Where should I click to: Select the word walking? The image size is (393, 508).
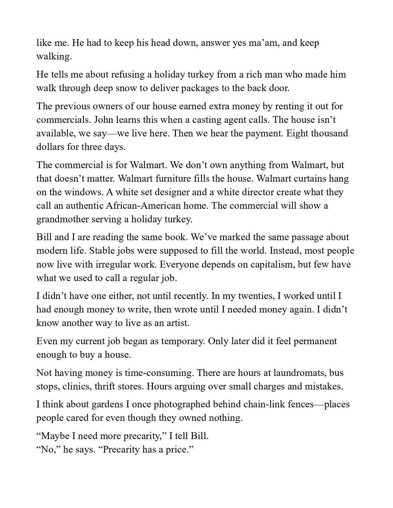coord(54,56)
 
